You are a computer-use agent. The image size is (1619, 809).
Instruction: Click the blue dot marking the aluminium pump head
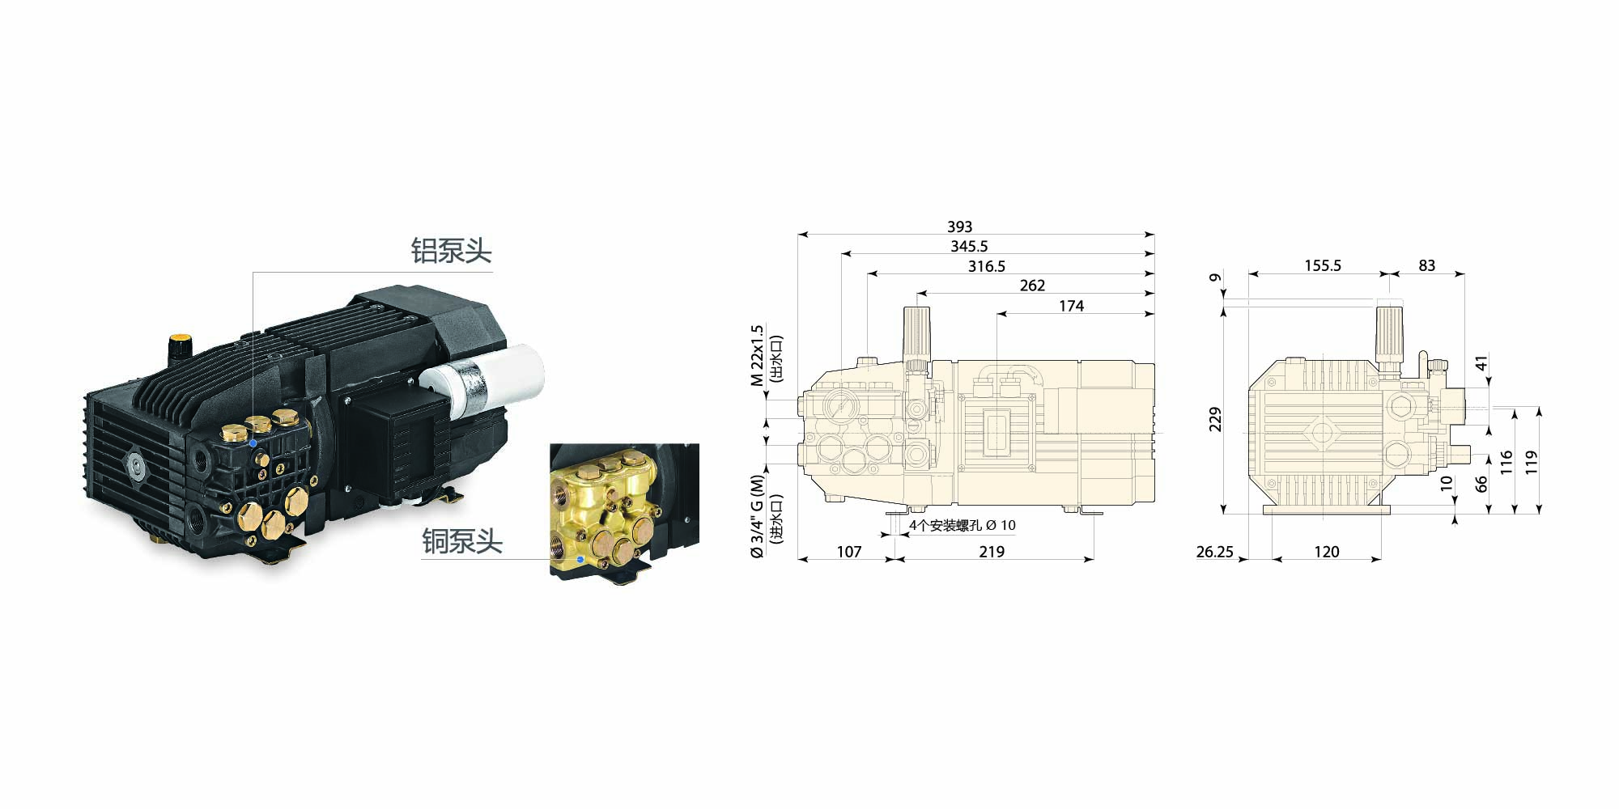click(253, 443)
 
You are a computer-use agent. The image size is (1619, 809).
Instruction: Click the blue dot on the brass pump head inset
click(580, 559)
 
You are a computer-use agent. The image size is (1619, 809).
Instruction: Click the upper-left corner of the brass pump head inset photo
click(550, 443)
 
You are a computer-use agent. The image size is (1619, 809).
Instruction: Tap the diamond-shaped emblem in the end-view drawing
click(1322, 432)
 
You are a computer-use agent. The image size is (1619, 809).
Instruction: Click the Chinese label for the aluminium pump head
click(451, 251)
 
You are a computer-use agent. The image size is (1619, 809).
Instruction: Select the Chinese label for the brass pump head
click(462, 541)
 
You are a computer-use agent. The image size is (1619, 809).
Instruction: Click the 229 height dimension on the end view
click(1215, 419)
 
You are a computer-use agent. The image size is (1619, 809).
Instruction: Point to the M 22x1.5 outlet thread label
click(757, 356)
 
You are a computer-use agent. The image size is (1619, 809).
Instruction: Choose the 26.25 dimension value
click(1214, 552)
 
